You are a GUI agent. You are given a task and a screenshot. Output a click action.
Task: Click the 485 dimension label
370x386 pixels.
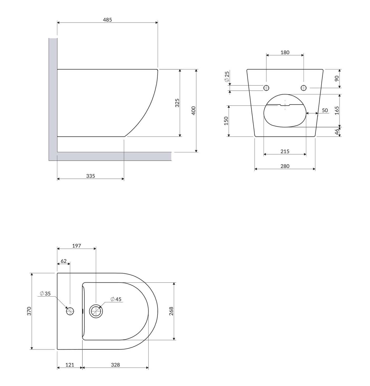tap(107, 20)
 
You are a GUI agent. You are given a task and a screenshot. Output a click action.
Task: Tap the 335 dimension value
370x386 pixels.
tap(90, 176)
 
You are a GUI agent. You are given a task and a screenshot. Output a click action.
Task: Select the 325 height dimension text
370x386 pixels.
tap(177, 103)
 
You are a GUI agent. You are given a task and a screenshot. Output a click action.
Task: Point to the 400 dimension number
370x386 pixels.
tap(193, 111)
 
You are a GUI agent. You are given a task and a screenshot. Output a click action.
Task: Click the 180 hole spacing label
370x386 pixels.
tap(285, 52)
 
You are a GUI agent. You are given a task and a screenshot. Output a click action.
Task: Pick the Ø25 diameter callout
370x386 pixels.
tap(227, 77)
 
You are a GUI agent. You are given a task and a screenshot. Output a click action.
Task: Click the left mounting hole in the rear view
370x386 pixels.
tap(266, 88)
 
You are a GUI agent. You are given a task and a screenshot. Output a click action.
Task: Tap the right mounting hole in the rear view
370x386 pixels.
tap(303, 88)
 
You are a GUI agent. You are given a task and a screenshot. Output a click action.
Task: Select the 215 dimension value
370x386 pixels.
tap(285, 151)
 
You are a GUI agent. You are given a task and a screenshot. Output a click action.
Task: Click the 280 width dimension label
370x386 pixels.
tap(285, 166)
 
